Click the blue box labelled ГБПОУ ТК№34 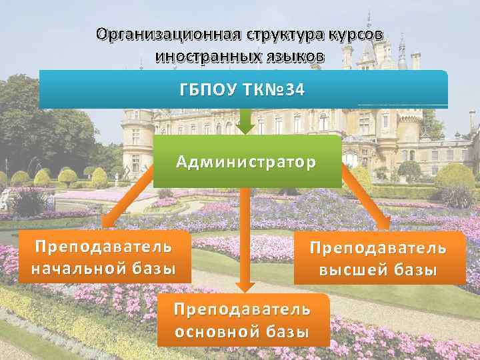pyautogui.click(x=243, y=89)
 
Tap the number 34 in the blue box pyautogui.click(x=293, y=89)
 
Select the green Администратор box pyautogui.click(x=247, y=161)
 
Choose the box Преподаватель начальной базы pyautogui.click(x=103, y=258)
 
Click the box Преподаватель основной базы pyautogui.click(x=243, y=321)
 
